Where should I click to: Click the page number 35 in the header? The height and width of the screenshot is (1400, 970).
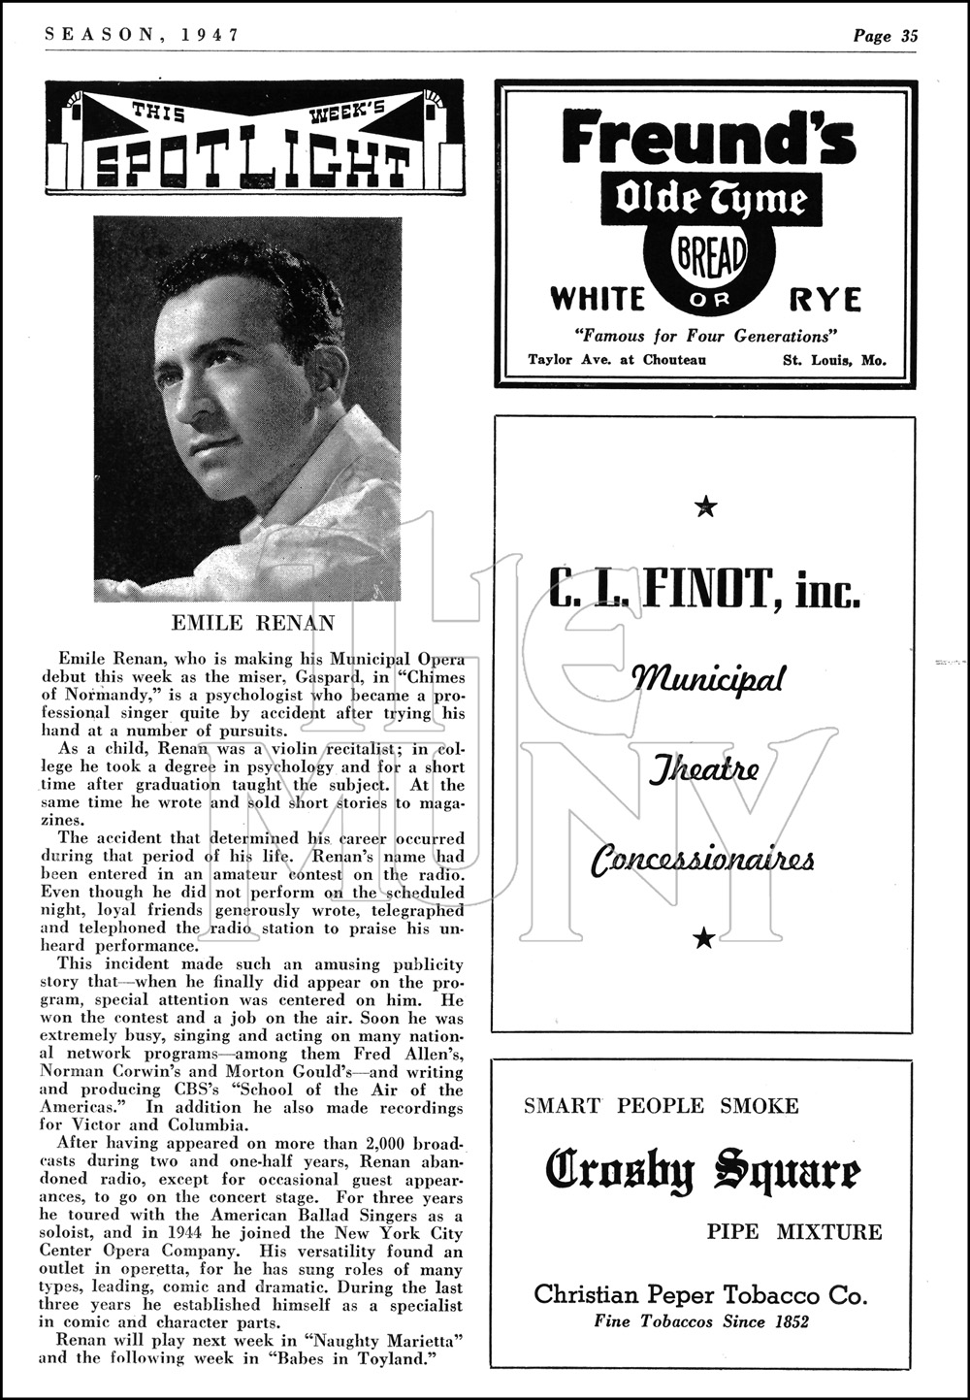coord(909,36)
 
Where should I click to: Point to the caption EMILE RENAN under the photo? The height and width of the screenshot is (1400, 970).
coord(252,622)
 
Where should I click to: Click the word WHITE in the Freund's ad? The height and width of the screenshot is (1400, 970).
coord(598,299)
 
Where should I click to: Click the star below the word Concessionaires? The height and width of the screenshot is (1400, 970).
coord(705,936)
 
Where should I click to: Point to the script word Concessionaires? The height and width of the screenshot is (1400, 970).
coord(703,860)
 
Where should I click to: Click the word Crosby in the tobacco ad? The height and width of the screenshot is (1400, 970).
coord(622,1170)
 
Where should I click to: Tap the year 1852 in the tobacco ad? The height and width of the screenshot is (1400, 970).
coord(786,1320)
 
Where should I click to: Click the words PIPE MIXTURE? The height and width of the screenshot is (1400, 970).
coord(794,1232)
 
